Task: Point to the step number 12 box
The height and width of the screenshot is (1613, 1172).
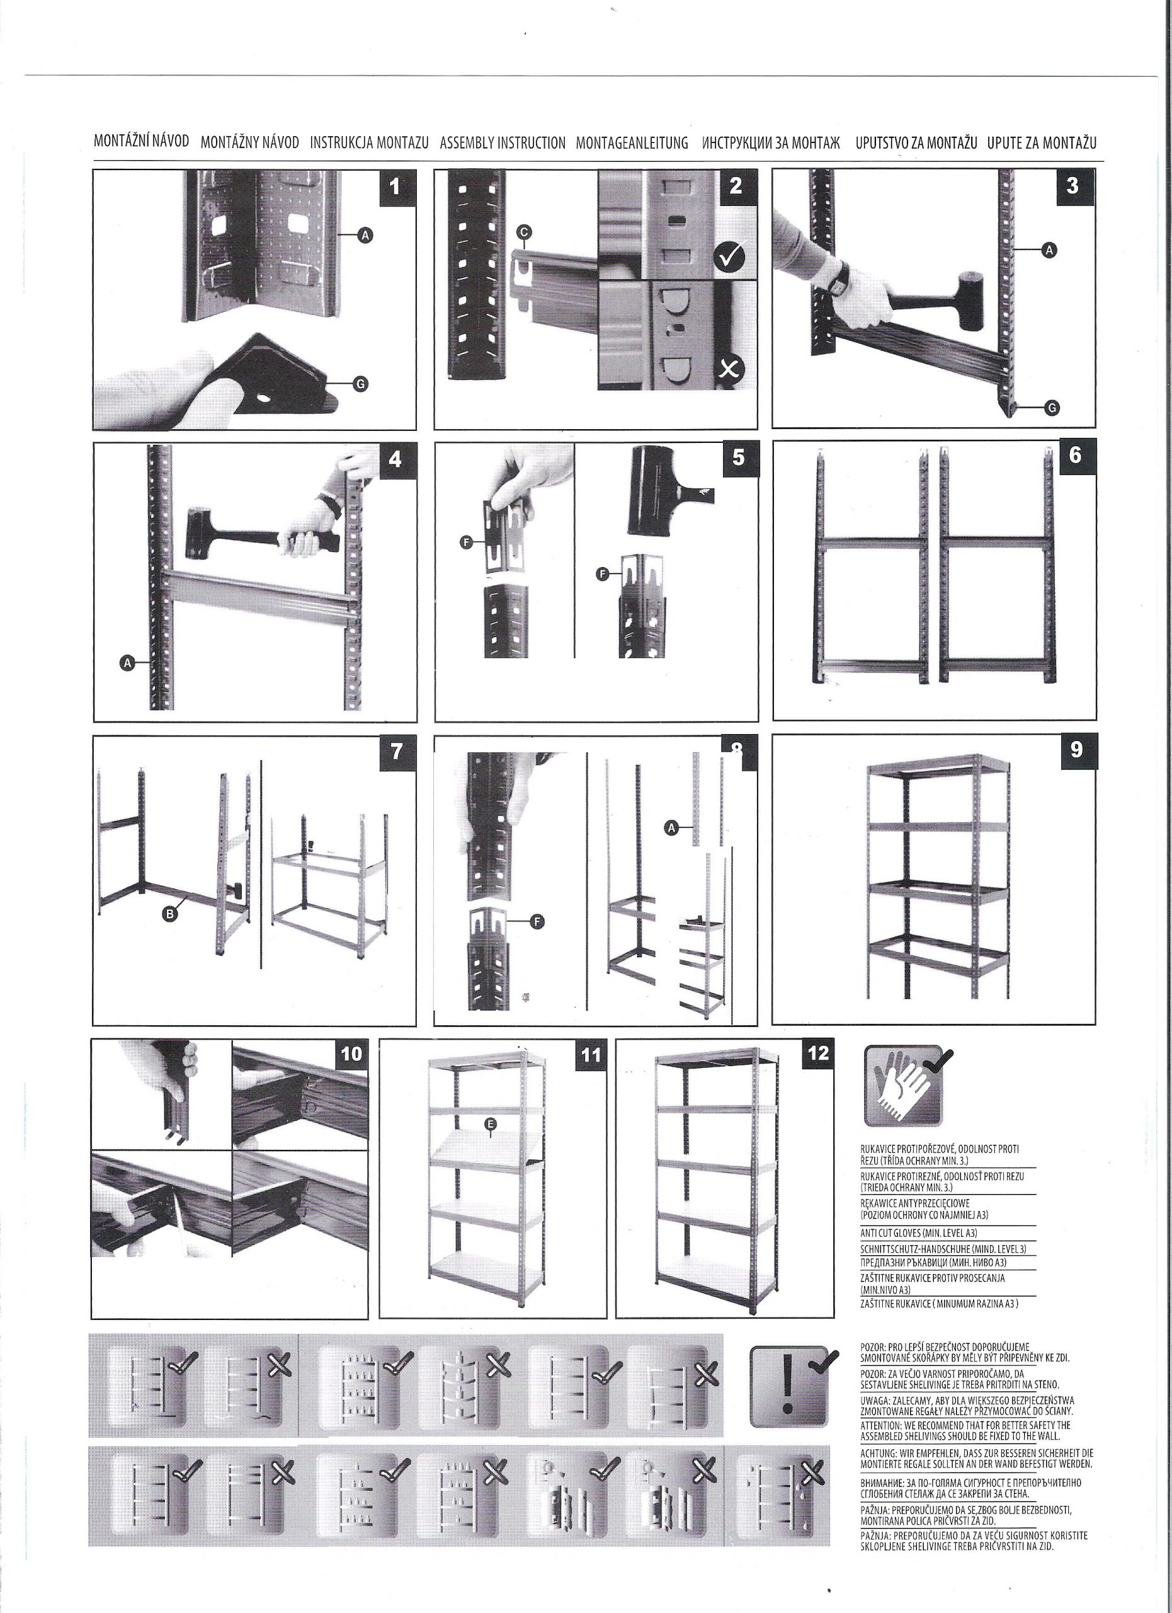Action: pyautogui.click(x=819, y=1053)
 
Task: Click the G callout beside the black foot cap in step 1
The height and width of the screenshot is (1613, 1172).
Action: pyautogui.click(x=360, y=384)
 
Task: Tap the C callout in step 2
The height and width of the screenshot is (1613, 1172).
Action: pyautogui.click(x=524, y=232)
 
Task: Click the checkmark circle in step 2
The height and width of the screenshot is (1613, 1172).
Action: pyautogui.click(x=728, y=254)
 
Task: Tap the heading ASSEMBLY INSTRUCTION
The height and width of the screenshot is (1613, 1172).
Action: pyautogui.click(x=503, y=143)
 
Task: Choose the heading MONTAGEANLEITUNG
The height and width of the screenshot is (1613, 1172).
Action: pyautogui.click(x=632, y=143)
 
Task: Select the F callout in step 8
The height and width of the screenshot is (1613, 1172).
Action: pyautogui.click(x=538, y=922)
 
